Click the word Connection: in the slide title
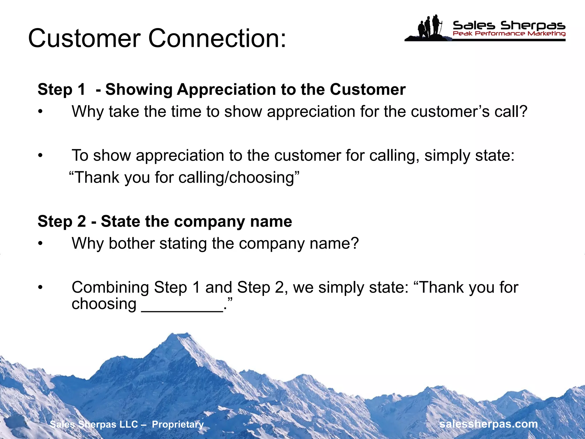tap(217, 38)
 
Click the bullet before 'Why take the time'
tap(41, 112)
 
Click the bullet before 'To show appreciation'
tap(41, 156)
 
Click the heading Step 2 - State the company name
tap(165, 222)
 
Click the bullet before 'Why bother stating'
tap(41, 244)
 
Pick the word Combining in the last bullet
tap(110, 288)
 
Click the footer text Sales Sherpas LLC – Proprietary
tap(127, 424)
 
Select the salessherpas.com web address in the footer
tap(489, 424)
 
